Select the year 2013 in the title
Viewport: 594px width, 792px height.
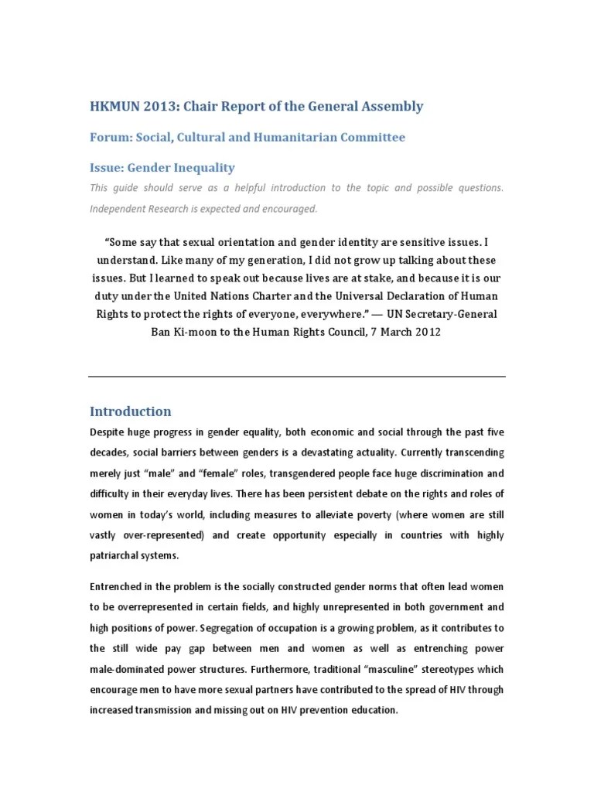(x=165, y=107)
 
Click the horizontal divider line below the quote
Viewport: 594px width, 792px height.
(x=297, y=377)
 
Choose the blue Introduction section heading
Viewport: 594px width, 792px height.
(x=131, y=411)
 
